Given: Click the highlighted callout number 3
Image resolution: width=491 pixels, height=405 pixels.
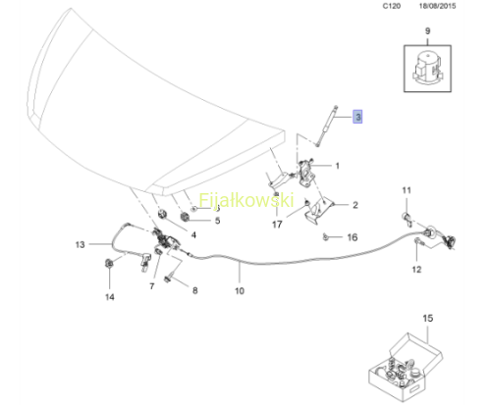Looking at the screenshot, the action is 357,117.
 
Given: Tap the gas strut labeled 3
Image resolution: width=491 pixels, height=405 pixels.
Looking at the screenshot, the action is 326,126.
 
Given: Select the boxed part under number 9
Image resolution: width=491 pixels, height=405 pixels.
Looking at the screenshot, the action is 427,69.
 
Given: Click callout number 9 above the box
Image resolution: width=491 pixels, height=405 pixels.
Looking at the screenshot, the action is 427,31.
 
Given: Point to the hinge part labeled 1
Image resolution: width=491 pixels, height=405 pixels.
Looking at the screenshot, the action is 307,173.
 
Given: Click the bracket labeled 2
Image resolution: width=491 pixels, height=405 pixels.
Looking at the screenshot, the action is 317,211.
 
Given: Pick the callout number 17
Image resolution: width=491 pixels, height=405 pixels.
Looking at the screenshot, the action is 277,225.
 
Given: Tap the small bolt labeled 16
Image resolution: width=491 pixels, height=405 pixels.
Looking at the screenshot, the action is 325,237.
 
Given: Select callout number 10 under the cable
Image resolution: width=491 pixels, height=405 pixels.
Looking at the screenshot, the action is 240,290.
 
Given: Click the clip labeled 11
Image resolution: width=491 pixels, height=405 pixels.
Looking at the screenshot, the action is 407,219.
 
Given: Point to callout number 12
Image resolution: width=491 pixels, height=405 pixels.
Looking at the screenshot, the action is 416,270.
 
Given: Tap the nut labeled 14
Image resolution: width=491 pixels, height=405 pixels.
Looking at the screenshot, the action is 109,263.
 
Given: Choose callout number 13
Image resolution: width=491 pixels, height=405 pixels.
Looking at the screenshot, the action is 81,244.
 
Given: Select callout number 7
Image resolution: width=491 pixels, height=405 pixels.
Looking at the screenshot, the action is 152,286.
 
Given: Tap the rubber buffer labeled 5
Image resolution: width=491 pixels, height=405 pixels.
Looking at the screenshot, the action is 186,217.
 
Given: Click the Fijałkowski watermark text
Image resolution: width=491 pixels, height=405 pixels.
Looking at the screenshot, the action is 246,200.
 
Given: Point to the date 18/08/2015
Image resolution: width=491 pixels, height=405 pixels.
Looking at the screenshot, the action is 437,6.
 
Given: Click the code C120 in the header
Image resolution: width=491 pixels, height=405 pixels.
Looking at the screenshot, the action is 392,6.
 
